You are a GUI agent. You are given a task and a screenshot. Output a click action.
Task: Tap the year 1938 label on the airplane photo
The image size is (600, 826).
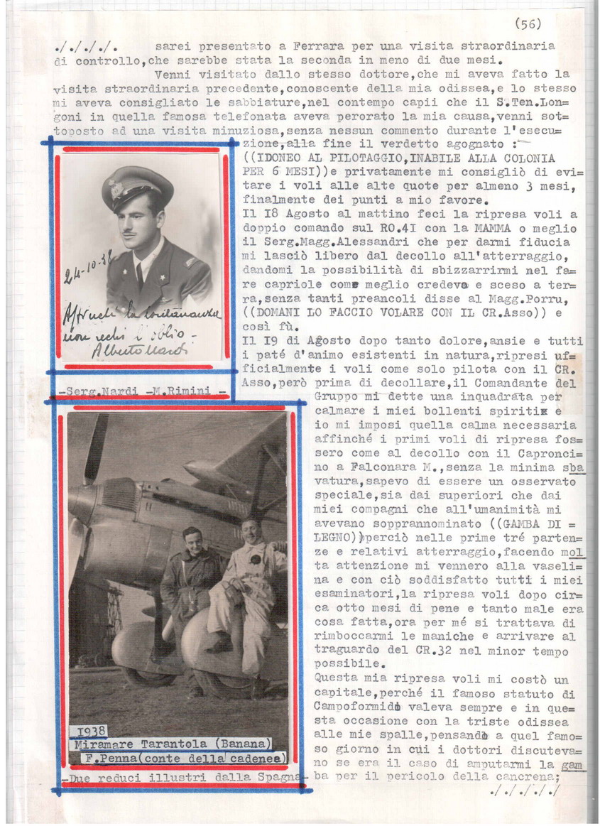(90, 732)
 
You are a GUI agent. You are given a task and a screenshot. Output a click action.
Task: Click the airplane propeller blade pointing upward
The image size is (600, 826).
(96, 447)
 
